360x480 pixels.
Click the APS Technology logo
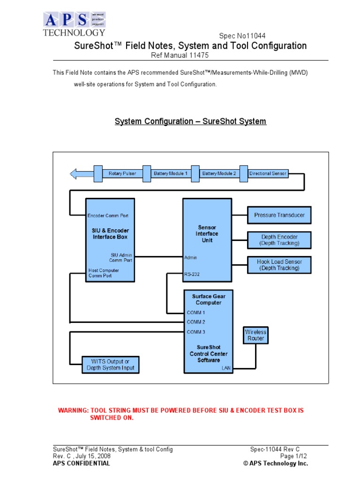pyautogui.click(x=74, y=24)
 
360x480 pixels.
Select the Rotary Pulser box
pyautogui.click(x=122, y=173)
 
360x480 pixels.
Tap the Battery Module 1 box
pyautogui.click(x=171, y=173)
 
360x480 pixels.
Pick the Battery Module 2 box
pyautogui.click(x=219, y=173)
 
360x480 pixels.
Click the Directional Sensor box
pyautogui.click(x=268, y=173)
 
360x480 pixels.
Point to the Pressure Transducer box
pyautogui.click(x=279, y=215)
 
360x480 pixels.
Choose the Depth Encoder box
pyautogui.click(x=279, y=240)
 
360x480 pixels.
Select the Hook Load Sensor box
pyautogui.click(x=279, y=265)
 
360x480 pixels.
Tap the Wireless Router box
pyautogui.click(x=255, y=335)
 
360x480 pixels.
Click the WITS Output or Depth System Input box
pyautogui.click(x=110, y=365)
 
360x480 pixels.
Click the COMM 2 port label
pyautogui.click(x=196, y=322)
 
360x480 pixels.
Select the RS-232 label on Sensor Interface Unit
pyautogui.click(x=192, y=274)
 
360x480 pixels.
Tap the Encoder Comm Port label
pyautogui.click(x=108, y=216)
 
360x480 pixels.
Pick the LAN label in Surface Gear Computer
pyautogui.click(x=226, y=368)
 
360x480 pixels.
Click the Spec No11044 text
pyautogui.click(x=243, y=36)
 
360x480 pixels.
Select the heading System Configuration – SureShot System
pyautogui.click(x=190, y=121)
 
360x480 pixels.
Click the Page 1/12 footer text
pyautogui.click(x=293, y=456)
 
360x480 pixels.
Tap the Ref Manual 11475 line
pyautogui.click(x=180, y=55)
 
